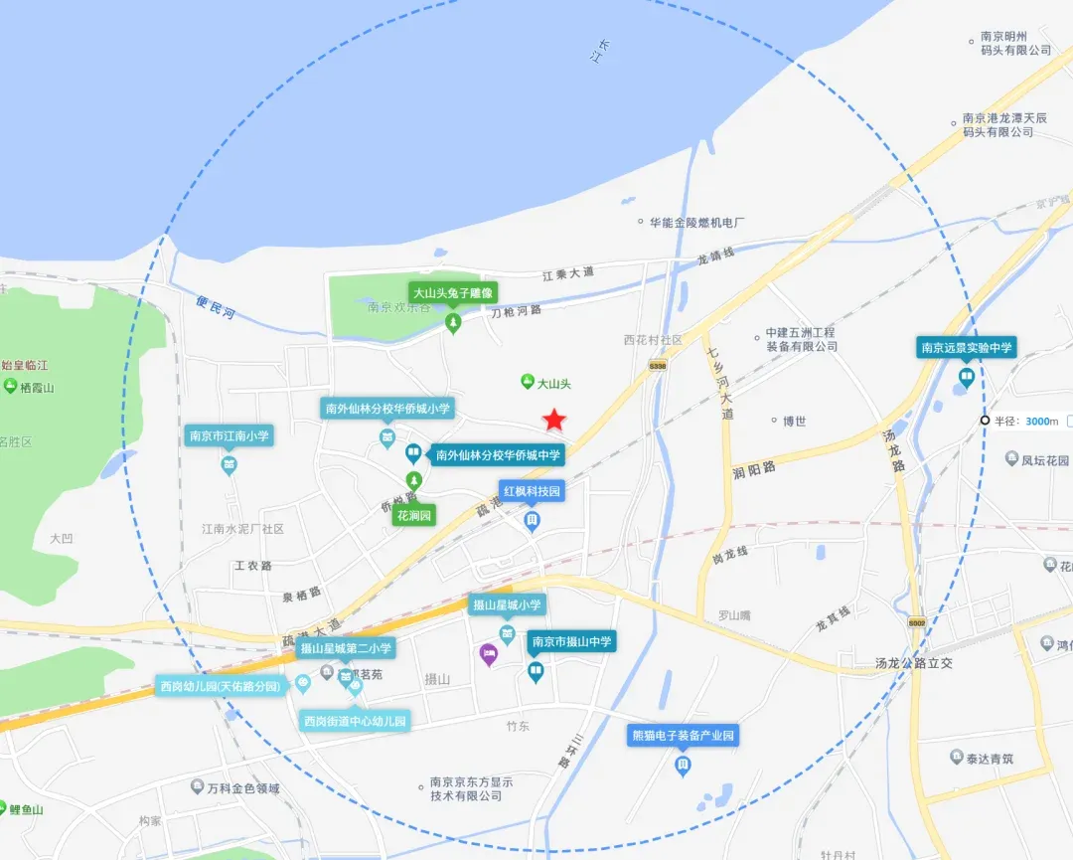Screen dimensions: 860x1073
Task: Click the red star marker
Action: coord(553,420)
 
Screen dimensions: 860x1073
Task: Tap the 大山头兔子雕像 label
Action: coord(453,293)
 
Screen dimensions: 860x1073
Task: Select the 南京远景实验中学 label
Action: coord(967,348)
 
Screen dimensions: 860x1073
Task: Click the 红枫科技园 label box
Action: coord(532,491)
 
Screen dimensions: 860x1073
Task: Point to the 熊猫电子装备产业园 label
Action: coord(683,736)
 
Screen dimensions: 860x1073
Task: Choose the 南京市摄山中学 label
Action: coord(571,641)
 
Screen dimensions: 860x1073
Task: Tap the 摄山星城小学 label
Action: coord(507,604)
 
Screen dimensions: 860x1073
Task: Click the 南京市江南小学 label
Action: coord(230,435)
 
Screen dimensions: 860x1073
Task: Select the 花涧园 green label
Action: coord(414,515)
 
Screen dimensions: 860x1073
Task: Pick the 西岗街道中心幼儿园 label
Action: coord(355,721)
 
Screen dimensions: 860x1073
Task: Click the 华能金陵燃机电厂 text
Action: coord(696,223)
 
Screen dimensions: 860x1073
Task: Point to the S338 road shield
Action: coord(656,367)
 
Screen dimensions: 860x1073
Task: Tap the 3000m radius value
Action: coord(1041,422)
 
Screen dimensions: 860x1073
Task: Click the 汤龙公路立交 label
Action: coord(913,663)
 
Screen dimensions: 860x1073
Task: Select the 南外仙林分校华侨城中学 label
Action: coord(497,455)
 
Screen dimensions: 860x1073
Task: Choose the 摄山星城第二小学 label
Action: coord(346,648)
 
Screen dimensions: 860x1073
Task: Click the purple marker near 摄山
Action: coord(488,654)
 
